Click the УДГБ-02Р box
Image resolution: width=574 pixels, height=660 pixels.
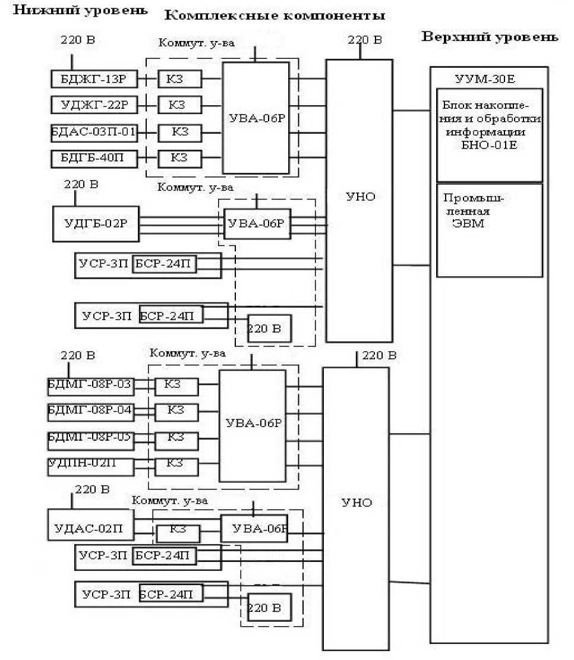[95, 223]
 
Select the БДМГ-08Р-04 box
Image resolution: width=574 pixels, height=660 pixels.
[91, 410]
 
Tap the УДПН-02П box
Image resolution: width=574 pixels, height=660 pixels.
[91, 465]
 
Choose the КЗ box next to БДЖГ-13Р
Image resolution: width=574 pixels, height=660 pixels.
[179, 79]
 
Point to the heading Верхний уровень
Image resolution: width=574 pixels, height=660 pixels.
[490, 37]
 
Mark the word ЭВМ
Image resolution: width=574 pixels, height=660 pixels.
[466, 225]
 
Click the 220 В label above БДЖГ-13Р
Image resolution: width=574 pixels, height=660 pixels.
[77, 40]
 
